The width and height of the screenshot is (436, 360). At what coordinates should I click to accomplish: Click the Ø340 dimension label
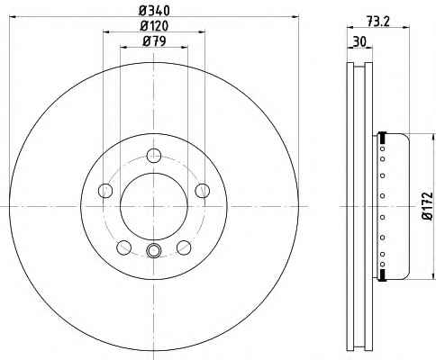tap(154, 11)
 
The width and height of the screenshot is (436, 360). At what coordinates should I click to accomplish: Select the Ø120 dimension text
tap(154, 26)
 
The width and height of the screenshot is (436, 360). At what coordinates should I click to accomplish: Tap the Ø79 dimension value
tap(154, 41)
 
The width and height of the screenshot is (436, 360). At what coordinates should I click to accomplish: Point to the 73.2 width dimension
tap(377, 22)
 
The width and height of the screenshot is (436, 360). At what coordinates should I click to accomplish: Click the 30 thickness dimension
tap(359, 41)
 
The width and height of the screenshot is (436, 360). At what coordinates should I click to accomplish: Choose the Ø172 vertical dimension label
tap(428, 206)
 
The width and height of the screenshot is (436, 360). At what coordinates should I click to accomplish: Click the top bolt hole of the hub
tap(154, 156)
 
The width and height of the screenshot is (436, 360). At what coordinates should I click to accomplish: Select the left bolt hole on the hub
tap(105, 191)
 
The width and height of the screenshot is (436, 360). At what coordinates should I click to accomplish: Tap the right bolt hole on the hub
tap(203, 191)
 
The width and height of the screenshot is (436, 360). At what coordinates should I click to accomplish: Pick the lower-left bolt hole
tap(124, 247)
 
